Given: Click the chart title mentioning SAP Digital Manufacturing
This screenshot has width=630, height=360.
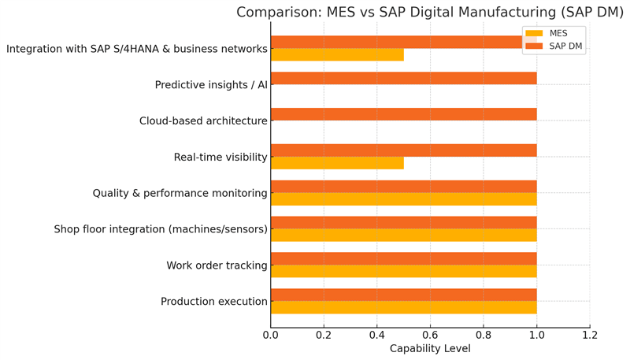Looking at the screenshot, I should [429, 12].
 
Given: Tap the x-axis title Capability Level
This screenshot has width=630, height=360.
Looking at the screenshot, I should [429, 348].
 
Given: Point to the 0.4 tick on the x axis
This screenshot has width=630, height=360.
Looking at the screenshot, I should [376, 334].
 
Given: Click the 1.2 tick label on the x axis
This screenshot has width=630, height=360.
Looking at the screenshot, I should [589, 334].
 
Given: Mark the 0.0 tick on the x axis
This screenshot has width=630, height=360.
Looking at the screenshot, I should [270, 334].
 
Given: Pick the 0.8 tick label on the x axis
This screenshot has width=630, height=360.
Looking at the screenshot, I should [483, 334].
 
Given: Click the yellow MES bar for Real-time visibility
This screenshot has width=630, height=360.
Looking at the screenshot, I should [337, 163].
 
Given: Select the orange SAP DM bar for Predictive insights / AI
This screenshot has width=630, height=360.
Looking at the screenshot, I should [403, 79].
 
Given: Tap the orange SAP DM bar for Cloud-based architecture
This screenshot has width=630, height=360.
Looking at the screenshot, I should [403, 114].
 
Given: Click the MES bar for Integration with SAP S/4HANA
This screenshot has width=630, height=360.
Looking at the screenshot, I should [337, 55].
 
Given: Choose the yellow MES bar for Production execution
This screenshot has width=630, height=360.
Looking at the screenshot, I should [403, 307].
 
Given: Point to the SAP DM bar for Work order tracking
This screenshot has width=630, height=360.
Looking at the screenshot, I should [403, 258].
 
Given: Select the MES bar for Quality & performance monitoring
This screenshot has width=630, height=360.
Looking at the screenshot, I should [403, 199].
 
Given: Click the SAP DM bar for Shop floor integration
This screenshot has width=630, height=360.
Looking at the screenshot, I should [403, 223].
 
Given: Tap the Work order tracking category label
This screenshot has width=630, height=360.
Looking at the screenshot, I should [217, 265].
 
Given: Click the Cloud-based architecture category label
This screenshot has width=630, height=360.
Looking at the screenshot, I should [203, 121].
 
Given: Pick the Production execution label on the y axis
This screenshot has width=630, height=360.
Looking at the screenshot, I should [214, 302].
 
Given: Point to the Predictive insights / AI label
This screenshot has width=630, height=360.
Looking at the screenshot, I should [211, 85].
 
